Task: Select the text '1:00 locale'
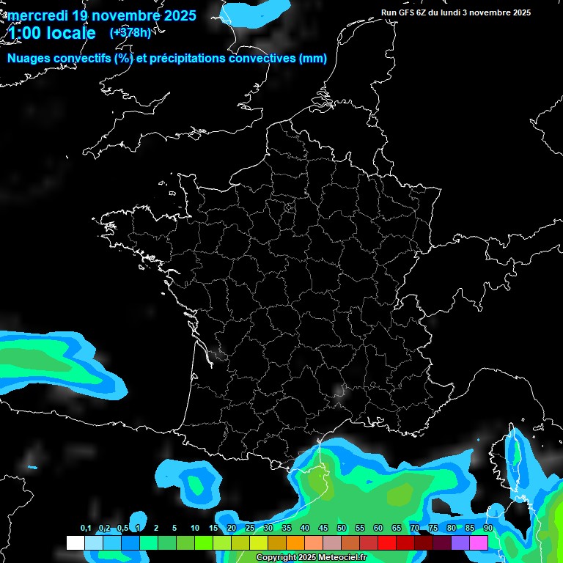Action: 52,33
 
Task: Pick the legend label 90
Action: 487,528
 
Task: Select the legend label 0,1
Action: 85,528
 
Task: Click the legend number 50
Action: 342,528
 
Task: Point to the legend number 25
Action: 250,528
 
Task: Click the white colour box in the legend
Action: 75,542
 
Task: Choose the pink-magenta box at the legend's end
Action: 479,542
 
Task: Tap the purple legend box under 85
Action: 460,542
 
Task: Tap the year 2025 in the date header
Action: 178,15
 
